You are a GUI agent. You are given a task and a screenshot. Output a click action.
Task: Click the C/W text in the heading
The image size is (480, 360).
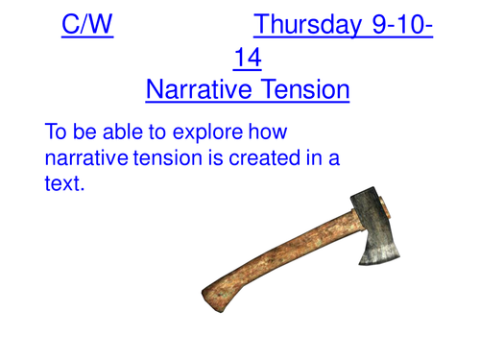coord(87,23)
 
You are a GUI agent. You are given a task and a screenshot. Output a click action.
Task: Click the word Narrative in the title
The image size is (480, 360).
coord(196,91)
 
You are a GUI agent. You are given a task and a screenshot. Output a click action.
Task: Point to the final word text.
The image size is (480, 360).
coord(64,183)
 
